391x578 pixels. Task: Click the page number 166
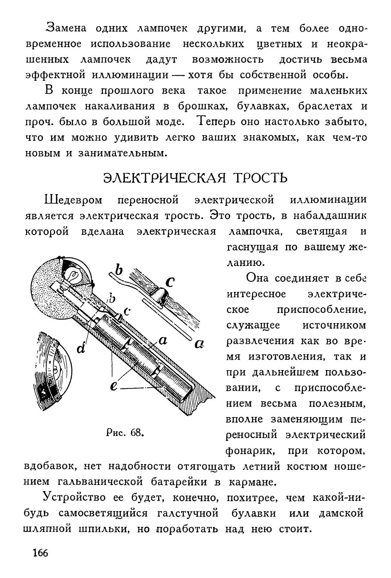(x=40, y=553)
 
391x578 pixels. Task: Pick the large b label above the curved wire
(x=119, y=269)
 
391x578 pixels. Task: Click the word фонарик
(x=250, y=451)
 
